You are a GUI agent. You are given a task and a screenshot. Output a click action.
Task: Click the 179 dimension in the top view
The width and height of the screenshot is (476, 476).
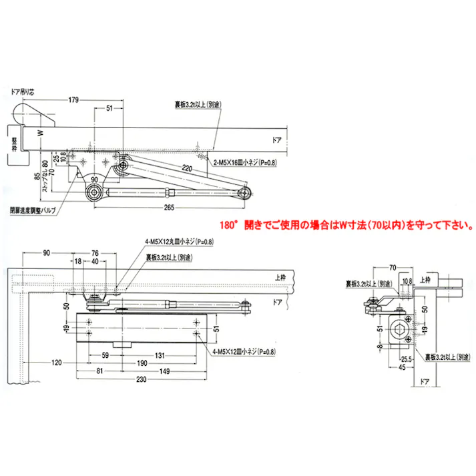click(73, 99)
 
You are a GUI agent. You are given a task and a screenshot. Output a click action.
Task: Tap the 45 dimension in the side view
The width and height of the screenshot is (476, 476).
click(403, 367)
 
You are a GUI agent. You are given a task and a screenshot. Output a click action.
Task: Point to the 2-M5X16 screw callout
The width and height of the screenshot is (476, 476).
click(245, 162)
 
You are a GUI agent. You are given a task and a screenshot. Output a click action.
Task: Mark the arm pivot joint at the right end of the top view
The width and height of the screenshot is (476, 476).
click(246, 193)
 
